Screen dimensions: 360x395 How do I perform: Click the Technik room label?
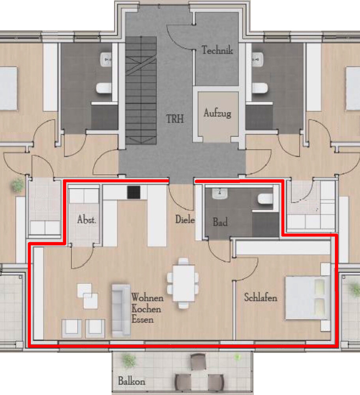[217, 50]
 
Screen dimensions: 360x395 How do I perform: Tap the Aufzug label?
[217, 113]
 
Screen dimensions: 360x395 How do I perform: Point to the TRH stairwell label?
[175, 118]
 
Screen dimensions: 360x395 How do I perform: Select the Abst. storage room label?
[86, 219]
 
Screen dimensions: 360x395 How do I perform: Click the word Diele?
[185, 219]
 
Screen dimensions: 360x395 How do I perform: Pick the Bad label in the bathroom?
[220, 222]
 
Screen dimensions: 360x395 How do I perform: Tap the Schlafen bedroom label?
[261, 297]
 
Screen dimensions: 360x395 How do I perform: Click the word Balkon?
[132, 381]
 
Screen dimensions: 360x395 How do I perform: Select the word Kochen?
[146, 308]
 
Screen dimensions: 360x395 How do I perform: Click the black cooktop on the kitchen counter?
[134, 192]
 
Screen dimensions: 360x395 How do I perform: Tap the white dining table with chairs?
[183, 283]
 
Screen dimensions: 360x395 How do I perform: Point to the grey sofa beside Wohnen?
[121, 310]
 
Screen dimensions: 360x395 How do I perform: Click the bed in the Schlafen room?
[307, 297]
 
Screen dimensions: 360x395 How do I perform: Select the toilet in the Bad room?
[265, 199]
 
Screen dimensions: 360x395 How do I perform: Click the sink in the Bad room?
[220, 193]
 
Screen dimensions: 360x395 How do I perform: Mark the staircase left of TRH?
[141, 90]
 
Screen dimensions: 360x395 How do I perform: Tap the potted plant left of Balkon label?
[129, 361]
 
